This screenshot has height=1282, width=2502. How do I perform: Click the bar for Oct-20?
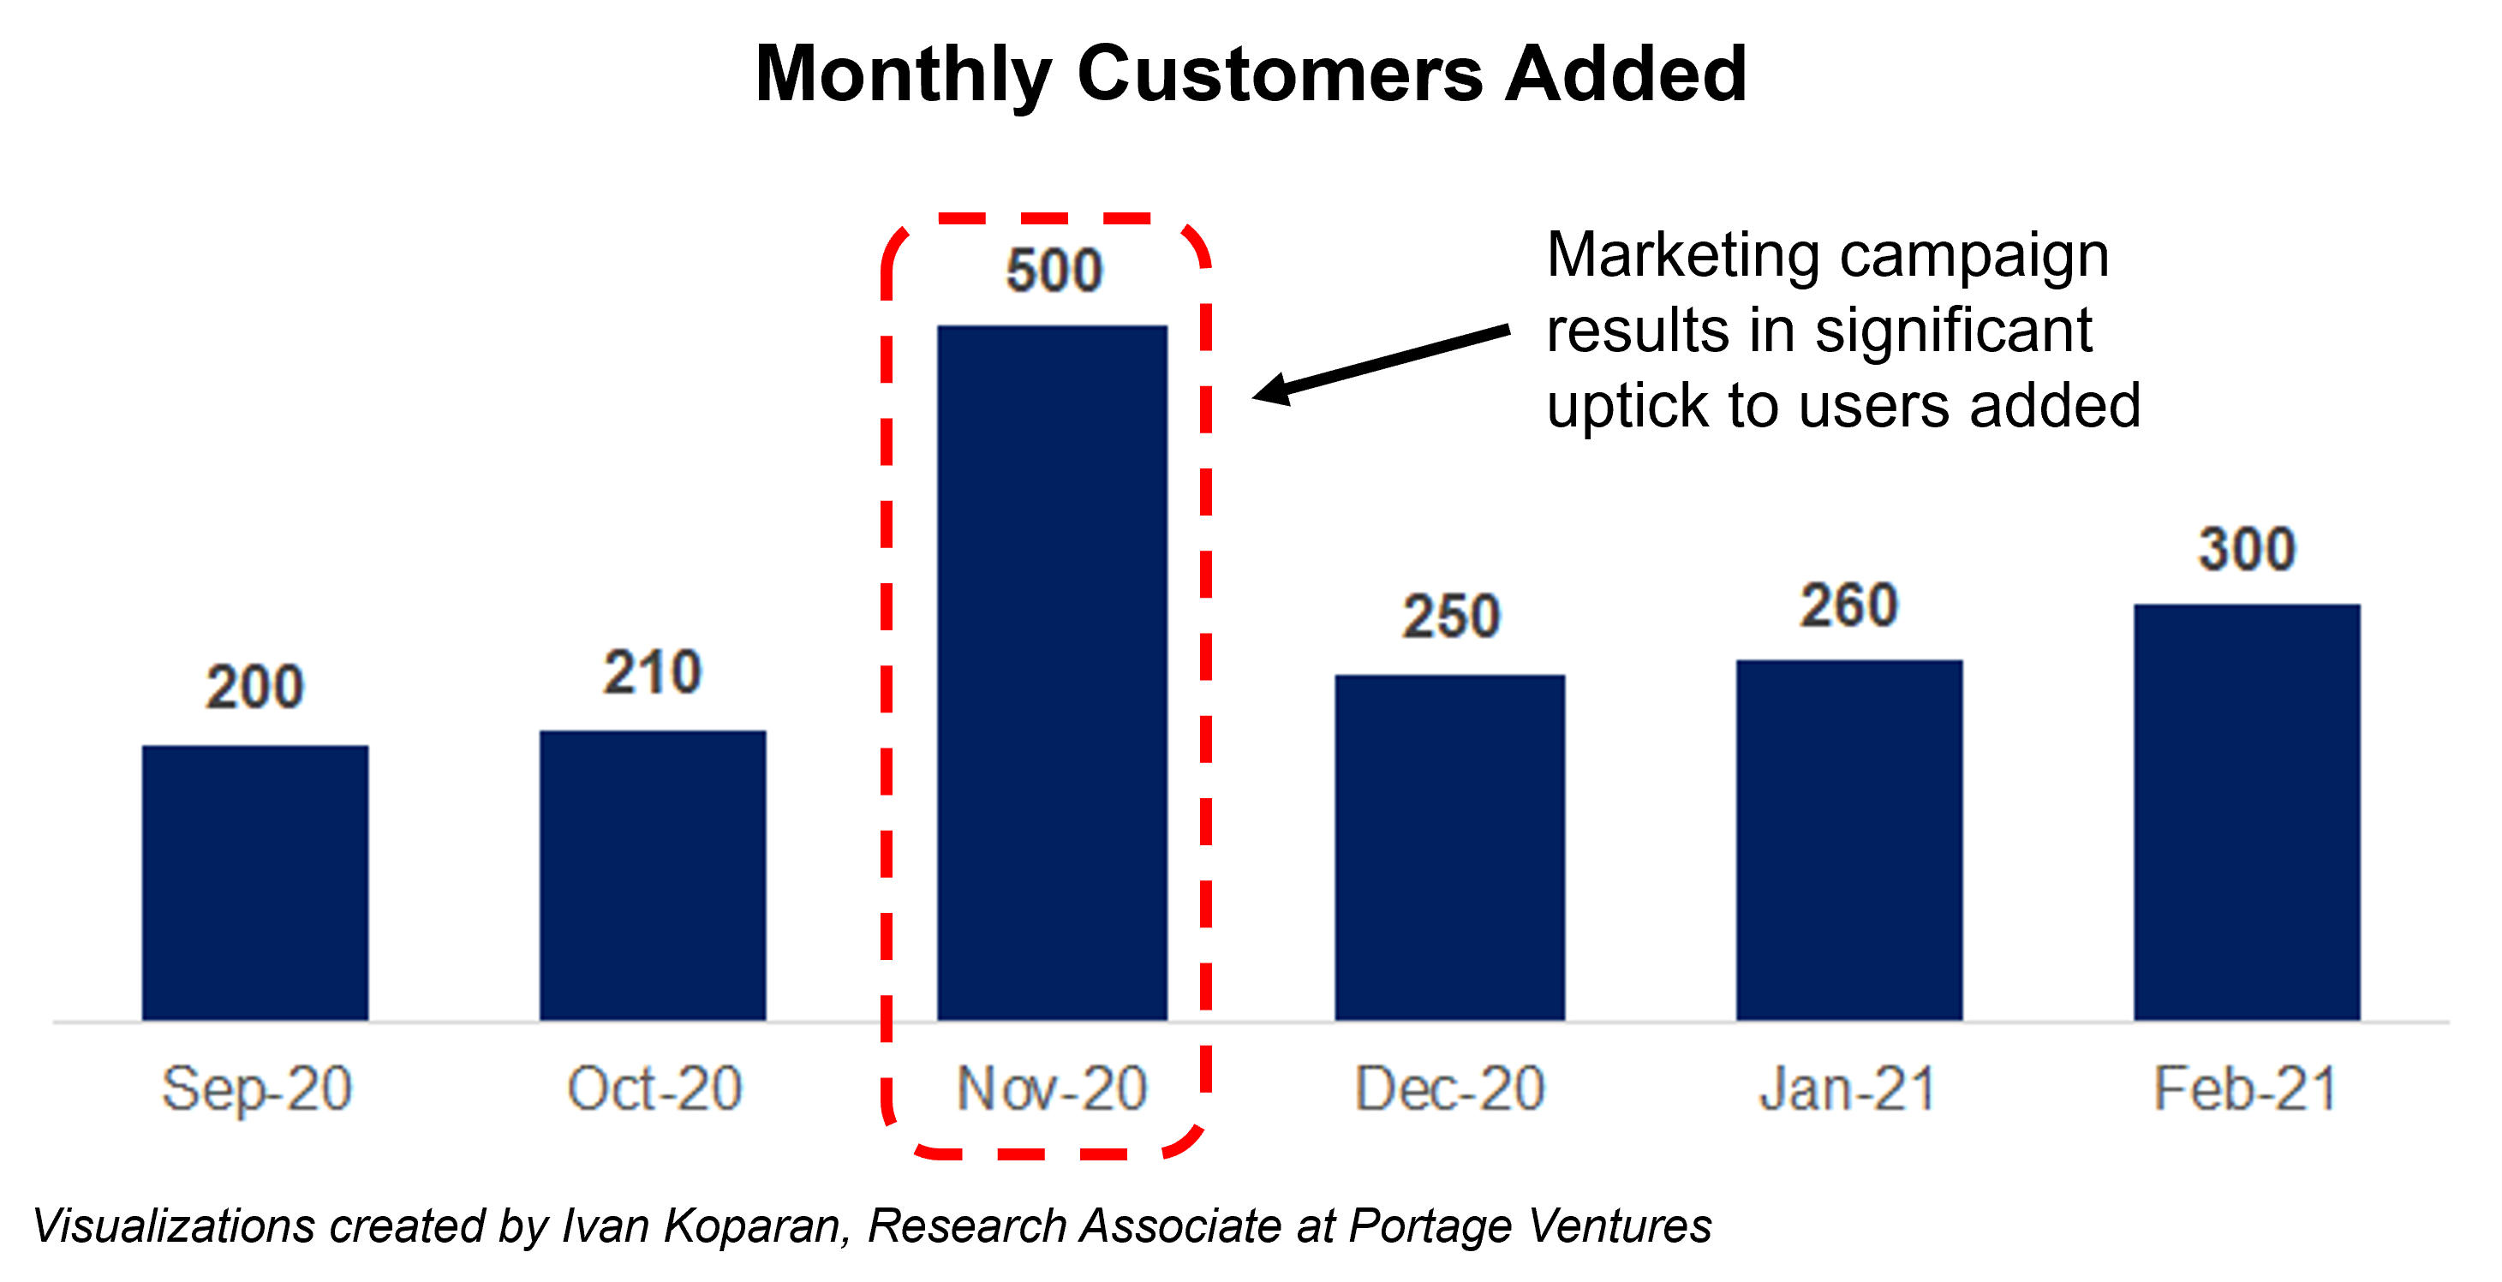click(x=653, y=874)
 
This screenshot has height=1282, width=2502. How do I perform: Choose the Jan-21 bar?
click(x=1849, y=839)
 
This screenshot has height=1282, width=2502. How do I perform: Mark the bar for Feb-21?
click(x=2247, y=812)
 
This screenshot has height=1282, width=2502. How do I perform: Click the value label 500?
click(x=1054, y=270)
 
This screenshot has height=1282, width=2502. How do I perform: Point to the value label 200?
click(x=254, y=687)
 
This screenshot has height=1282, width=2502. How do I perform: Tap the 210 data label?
click(x=652, y=672)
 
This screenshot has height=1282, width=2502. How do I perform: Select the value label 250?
click(x=1450, y=616)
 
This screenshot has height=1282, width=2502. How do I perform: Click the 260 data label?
click(x=1848, y=605)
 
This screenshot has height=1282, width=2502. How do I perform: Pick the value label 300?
click(x=2247, y=549)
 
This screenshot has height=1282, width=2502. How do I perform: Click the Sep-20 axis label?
click(x=256, y=1088)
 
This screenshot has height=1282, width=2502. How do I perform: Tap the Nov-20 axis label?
click(x=1052, y=1088)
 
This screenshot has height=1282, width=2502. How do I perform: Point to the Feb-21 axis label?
click(x=2245, y=1088)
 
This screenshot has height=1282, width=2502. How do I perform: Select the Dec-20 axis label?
click(x=1449, y=1088)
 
